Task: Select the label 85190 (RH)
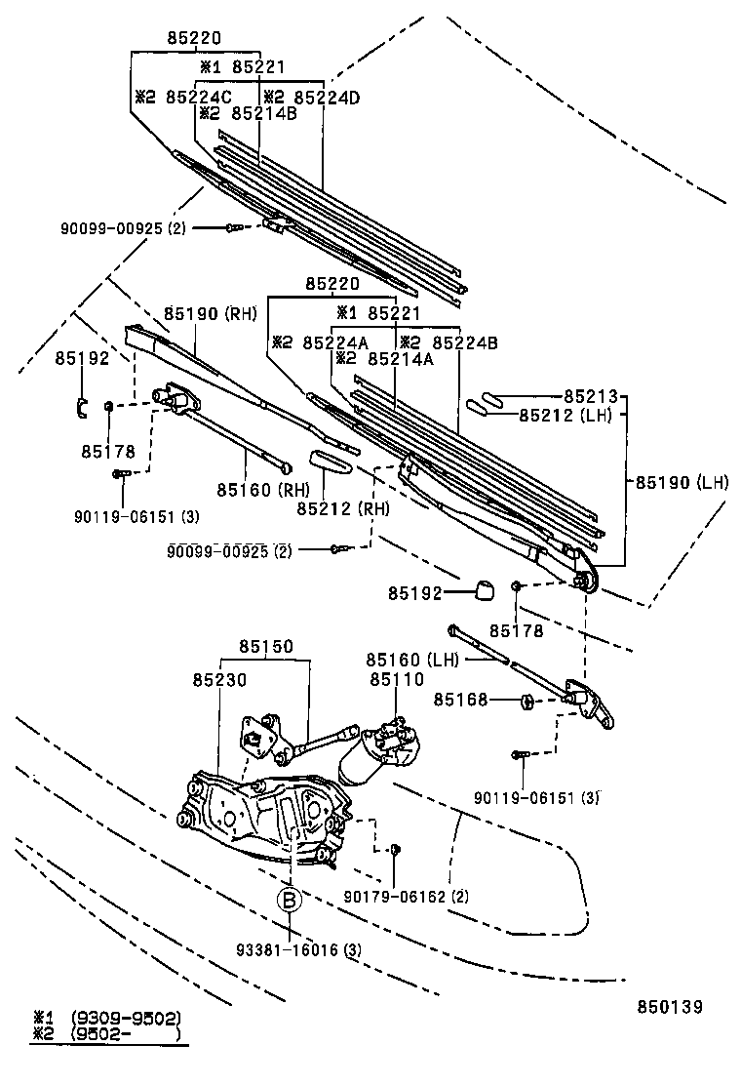(209, 313)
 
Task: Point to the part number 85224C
(198, 97)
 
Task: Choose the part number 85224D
(327, 97)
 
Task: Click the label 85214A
(397, 358)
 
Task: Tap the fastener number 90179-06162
(407, 897)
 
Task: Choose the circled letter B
(290, 900)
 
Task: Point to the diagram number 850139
(671, 1006)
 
